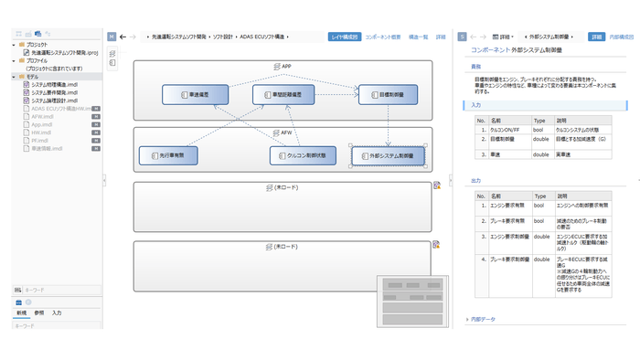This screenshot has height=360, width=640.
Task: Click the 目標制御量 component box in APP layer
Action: pos(388,95)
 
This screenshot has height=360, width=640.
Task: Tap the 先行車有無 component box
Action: pos(174,156)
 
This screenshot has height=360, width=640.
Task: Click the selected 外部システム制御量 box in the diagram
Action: pos(389,156)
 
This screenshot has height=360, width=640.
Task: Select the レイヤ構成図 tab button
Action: pos(344,37)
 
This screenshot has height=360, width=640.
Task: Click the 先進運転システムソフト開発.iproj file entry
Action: pos(66,52)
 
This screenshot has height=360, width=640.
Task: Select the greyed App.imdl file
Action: pos(43,124)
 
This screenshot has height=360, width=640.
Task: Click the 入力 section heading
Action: pos(475,106)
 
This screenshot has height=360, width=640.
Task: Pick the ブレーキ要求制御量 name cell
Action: pos(508,260)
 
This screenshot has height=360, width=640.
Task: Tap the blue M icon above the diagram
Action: pos(112,37)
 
